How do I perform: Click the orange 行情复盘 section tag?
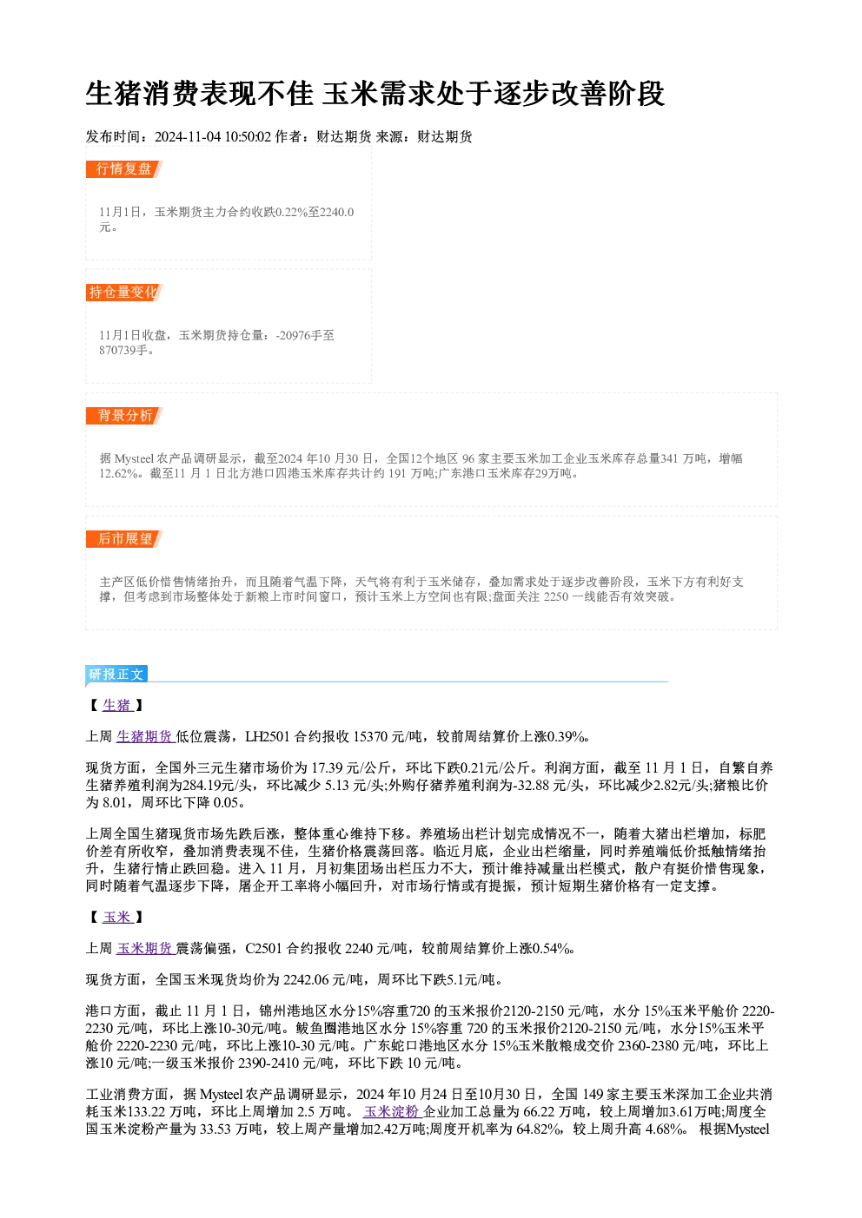[124, 169]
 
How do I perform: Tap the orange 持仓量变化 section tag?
[124, 293]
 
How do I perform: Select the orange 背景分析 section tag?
[124, 416]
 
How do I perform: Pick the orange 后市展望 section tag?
[124, 539]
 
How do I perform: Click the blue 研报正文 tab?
[116, 675]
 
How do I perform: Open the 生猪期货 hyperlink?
[145, 736]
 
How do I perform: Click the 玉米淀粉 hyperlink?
[393, 1111]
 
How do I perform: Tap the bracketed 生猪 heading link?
[117, 705]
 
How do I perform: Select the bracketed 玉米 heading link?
[117, 917]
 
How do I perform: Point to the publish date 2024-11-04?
[187, 136]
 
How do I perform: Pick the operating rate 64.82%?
[538, 1129]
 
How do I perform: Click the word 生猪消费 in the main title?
[143, 93]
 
